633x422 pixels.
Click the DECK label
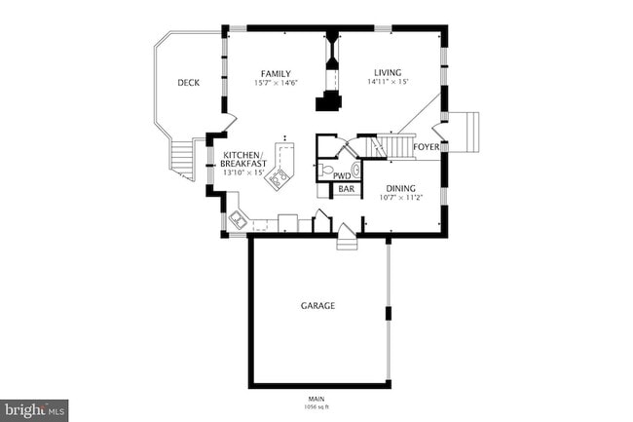188,83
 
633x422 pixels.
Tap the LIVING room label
388,73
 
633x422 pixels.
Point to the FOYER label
426,147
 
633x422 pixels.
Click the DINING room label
399,188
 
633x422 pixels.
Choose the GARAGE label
317,305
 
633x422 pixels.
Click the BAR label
346,189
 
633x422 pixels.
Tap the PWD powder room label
342,175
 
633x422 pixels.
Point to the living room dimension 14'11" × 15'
388,83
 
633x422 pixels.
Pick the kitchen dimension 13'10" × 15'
243,173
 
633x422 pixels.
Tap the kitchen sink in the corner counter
236,218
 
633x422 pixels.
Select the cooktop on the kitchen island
280,177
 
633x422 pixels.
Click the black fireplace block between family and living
327,102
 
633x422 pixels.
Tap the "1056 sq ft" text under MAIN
317,405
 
